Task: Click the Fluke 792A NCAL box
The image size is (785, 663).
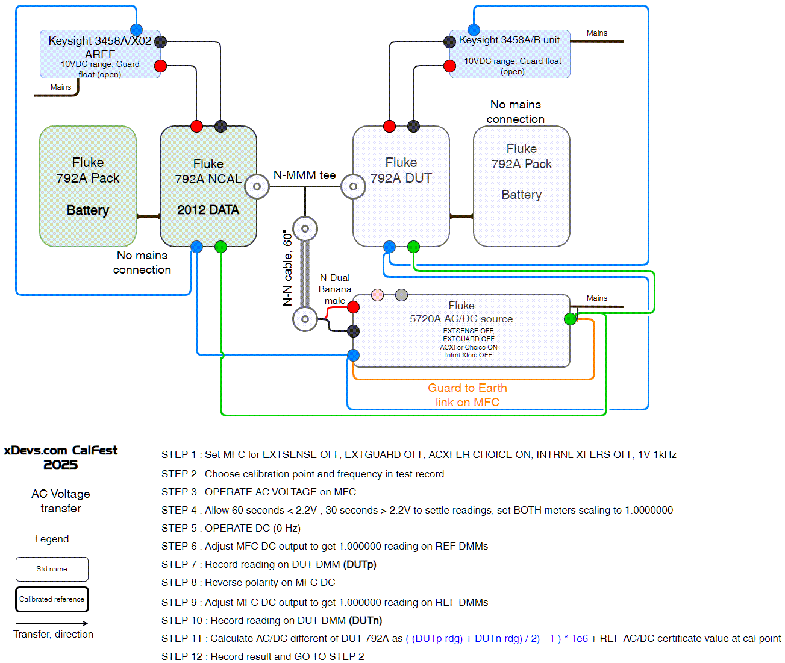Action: (x=208, y=186)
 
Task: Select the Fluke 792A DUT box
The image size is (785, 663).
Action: (x=401, y=186)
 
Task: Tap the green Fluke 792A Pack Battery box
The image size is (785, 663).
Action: (x=87, y=186)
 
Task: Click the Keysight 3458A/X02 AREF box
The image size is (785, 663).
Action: (x=100, y=54)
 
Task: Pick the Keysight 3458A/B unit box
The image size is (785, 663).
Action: (x=510, y=54)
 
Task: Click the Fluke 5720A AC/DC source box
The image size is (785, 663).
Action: (x=461, y=331)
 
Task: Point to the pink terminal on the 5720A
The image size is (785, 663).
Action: (x=377, y=295)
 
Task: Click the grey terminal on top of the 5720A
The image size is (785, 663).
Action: (x=401, y=295)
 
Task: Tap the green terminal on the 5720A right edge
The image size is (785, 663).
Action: (x=570, y=319)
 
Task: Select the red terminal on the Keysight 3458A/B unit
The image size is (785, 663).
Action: (x=449, y=66)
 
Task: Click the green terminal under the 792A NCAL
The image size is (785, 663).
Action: (x=220, y=247)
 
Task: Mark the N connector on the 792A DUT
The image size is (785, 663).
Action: (x=353, y=186)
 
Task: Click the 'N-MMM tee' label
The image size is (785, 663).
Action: (x=304, y=175)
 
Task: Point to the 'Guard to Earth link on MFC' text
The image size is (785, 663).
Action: (x=468, y=395)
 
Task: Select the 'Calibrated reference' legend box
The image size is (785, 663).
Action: (x=52, y=599)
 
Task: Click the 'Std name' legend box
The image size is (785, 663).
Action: (x=52, y=569)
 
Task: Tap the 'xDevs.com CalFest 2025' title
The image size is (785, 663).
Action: (x=60, y=457)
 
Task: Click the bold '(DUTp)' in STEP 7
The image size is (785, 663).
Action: (x=360, y=564)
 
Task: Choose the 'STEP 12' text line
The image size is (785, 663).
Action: (x=263, y=656)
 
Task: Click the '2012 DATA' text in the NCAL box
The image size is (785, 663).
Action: (x=208, y=210)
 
